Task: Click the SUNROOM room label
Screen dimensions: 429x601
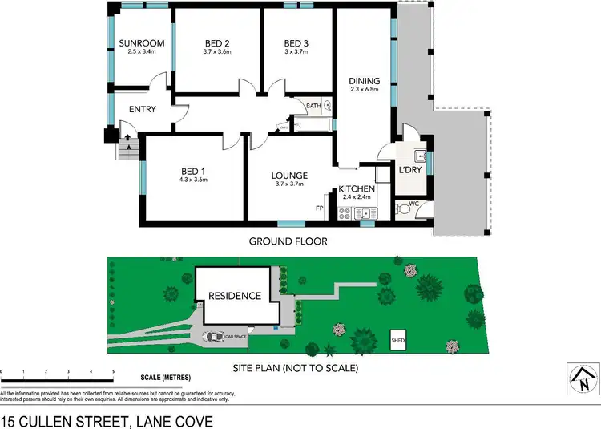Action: (141, 43)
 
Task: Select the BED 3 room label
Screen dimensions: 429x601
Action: (295, 43)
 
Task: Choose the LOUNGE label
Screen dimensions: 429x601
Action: (290, 176)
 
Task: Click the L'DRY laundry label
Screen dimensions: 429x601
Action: (409, 171)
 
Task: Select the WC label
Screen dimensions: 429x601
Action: (414, 203)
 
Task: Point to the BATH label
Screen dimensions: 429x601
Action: (314, 105)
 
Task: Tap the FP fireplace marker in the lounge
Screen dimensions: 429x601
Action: (319, 208)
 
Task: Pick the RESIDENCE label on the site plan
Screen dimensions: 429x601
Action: (235, 296)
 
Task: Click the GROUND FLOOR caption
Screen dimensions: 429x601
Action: (288, 241)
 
